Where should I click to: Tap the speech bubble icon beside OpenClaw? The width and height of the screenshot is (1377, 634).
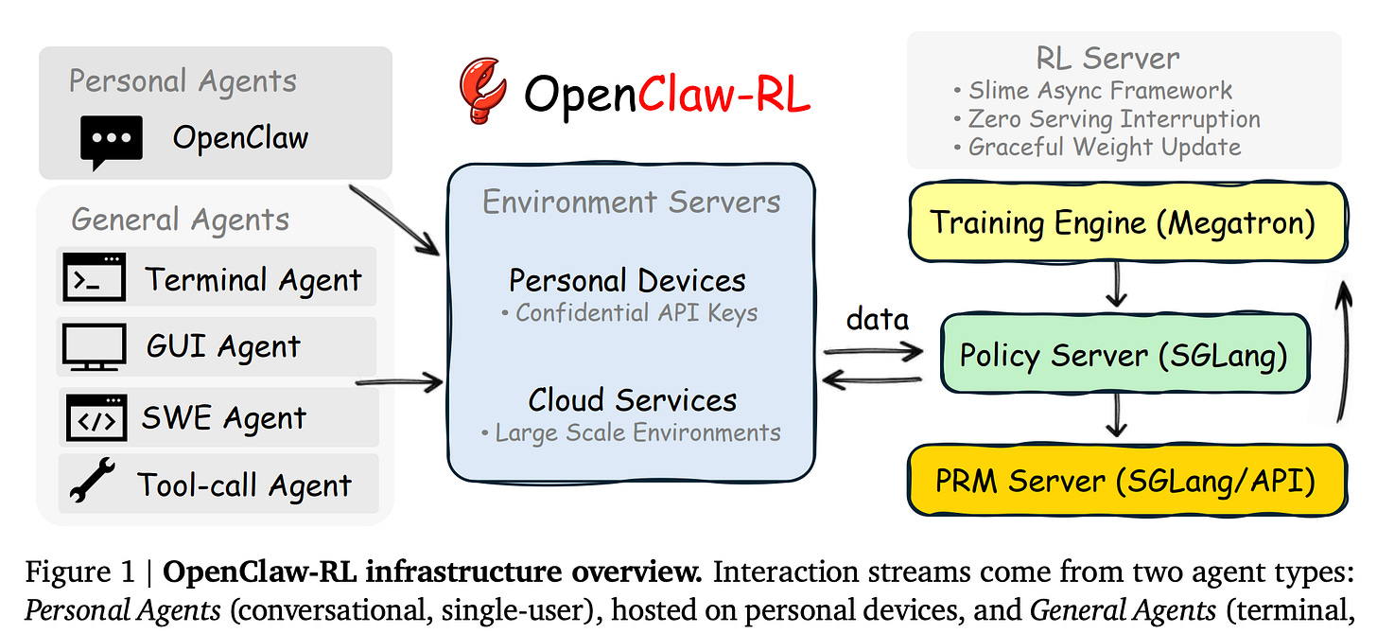coord(112,141)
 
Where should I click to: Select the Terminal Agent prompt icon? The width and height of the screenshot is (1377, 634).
coord(95,278)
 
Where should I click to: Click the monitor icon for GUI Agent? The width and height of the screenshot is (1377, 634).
coord(95,347)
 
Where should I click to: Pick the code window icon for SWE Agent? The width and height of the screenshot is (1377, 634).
coord(96,417)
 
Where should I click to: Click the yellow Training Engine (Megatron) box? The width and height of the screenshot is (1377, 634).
coord(1123,222)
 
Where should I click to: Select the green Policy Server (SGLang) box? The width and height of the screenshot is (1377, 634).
coord(1123,355)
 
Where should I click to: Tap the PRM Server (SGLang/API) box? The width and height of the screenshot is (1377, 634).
coord(1124,481)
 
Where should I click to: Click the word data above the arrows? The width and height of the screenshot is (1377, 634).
coord(877,319)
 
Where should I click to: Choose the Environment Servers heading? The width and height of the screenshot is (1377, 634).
coord(631,202)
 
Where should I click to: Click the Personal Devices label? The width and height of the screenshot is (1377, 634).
coord(627,281)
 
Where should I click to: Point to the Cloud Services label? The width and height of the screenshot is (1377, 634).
coord(632,399)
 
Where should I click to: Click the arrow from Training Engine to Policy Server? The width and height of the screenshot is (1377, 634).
coord(1117,285)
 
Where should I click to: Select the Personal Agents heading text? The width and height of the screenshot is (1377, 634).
coord(183,81)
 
